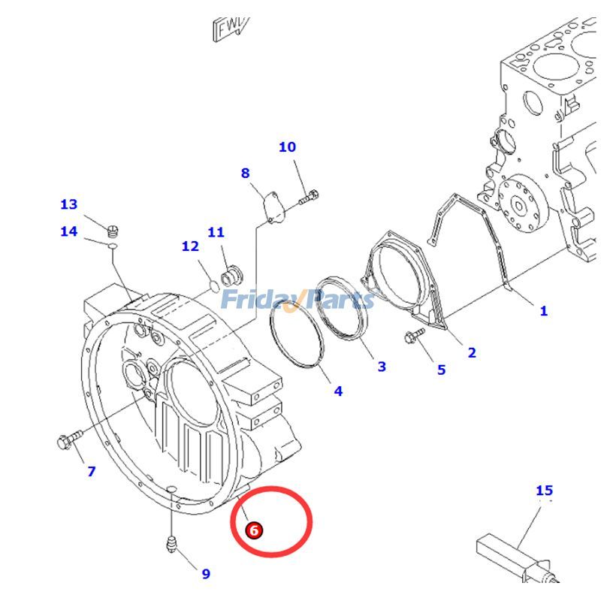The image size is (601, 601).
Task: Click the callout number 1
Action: pos(543,310)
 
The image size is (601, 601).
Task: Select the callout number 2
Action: pos(471,352)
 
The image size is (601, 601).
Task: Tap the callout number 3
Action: pos(382,366)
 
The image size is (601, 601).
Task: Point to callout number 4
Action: pos(338,391)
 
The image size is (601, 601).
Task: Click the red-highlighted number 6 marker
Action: pos(254,530)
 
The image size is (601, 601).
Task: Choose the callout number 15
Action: pos(544,491)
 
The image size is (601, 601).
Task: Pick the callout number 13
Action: pos(68,204)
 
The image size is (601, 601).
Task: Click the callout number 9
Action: pos(205,574)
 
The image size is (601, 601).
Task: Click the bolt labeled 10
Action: pos(309,199)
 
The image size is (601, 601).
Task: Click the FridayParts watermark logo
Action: pos(297,300)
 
